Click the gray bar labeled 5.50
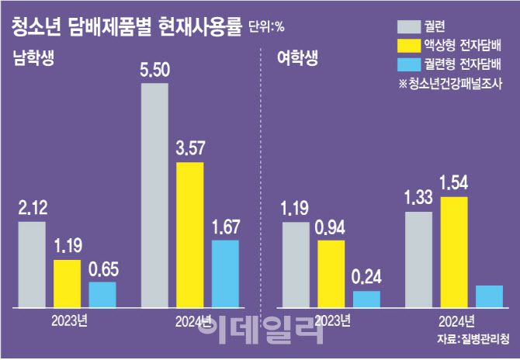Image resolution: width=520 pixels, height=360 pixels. (154, 194)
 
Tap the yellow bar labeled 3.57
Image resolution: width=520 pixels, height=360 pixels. (190, 234)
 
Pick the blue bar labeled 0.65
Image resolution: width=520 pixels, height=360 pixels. (102, 294)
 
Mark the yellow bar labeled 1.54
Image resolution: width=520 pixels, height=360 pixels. (455, 251)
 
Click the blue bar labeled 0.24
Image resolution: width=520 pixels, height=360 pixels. (366, 299)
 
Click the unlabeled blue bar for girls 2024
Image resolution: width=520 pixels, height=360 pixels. (489, 296)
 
